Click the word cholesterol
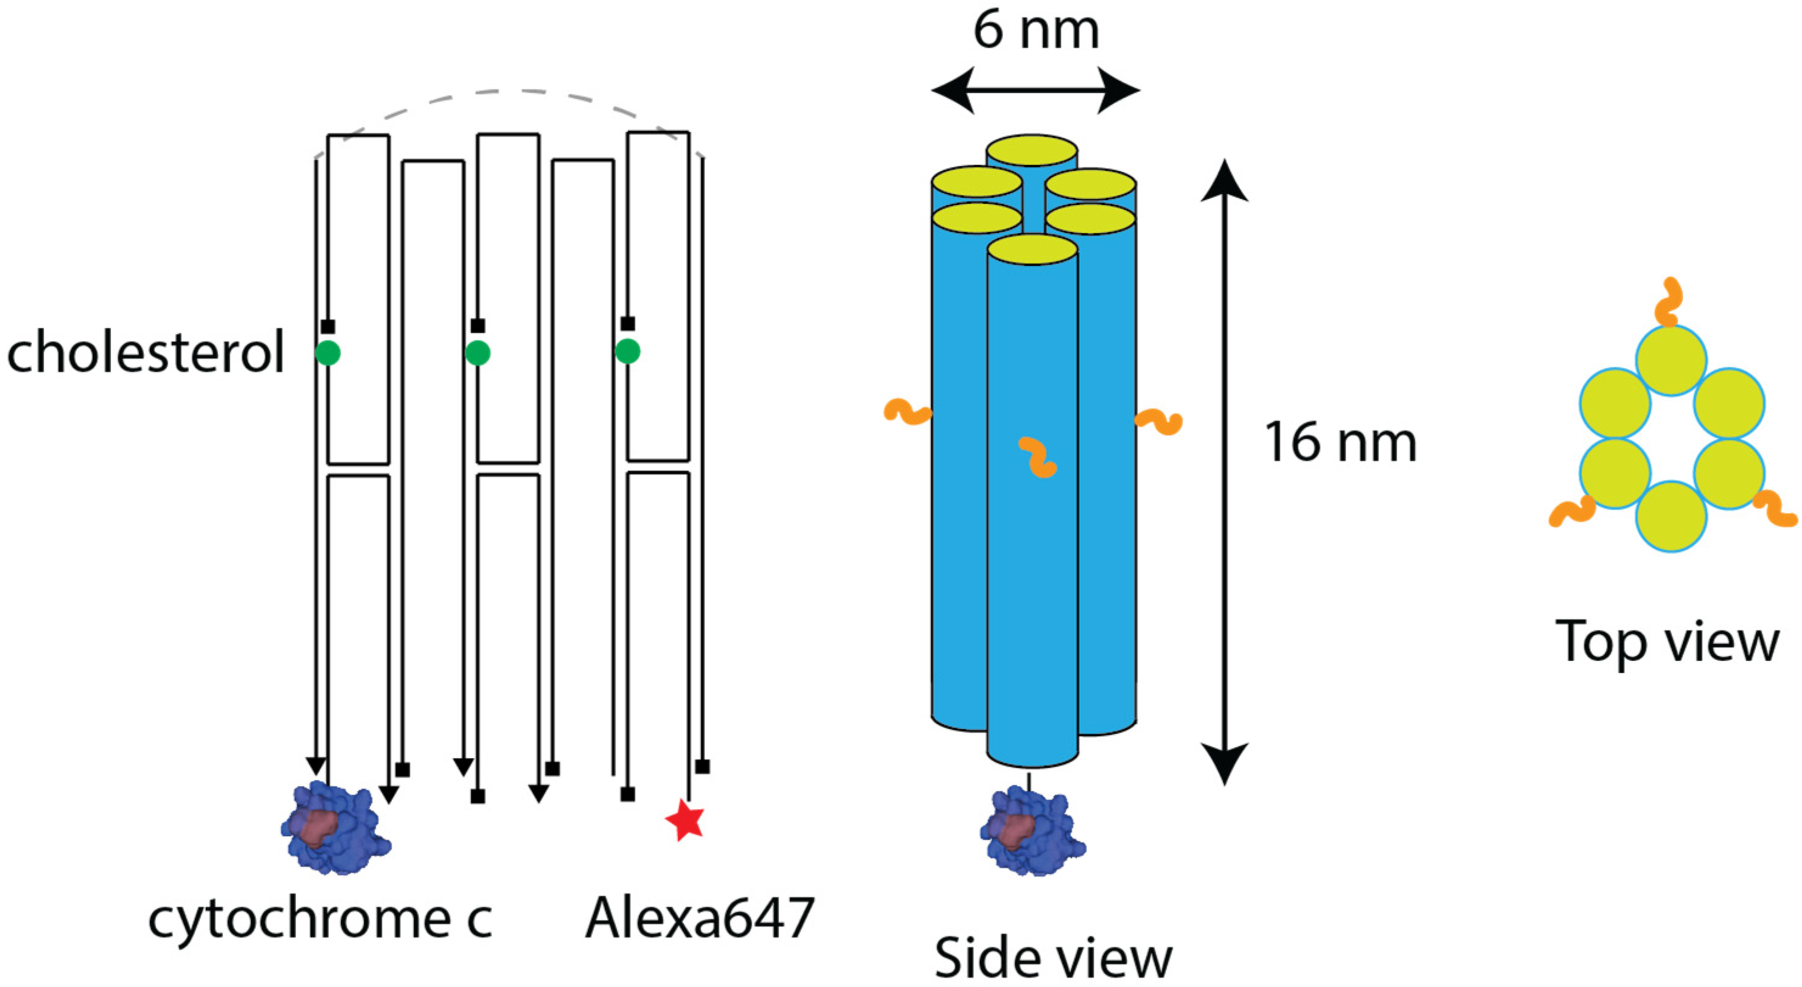(145, 352)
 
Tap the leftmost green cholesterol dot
(327, 352)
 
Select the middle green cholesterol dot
(478, 352)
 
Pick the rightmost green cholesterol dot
(627, 351)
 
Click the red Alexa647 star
(685, 821)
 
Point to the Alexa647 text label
(700, 918)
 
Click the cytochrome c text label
(321, 918)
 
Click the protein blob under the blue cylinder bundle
(1032, 832)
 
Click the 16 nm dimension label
(1340, 443)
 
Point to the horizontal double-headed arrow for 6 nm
(1036, 90)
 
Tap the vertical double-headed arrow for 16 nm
(1224, 472)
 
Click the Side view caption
(1053, 958)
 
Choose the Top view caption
(1667, 641)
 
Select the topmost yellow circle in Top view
(1671, 361)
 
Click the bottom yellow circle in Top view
(1671, 516)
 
